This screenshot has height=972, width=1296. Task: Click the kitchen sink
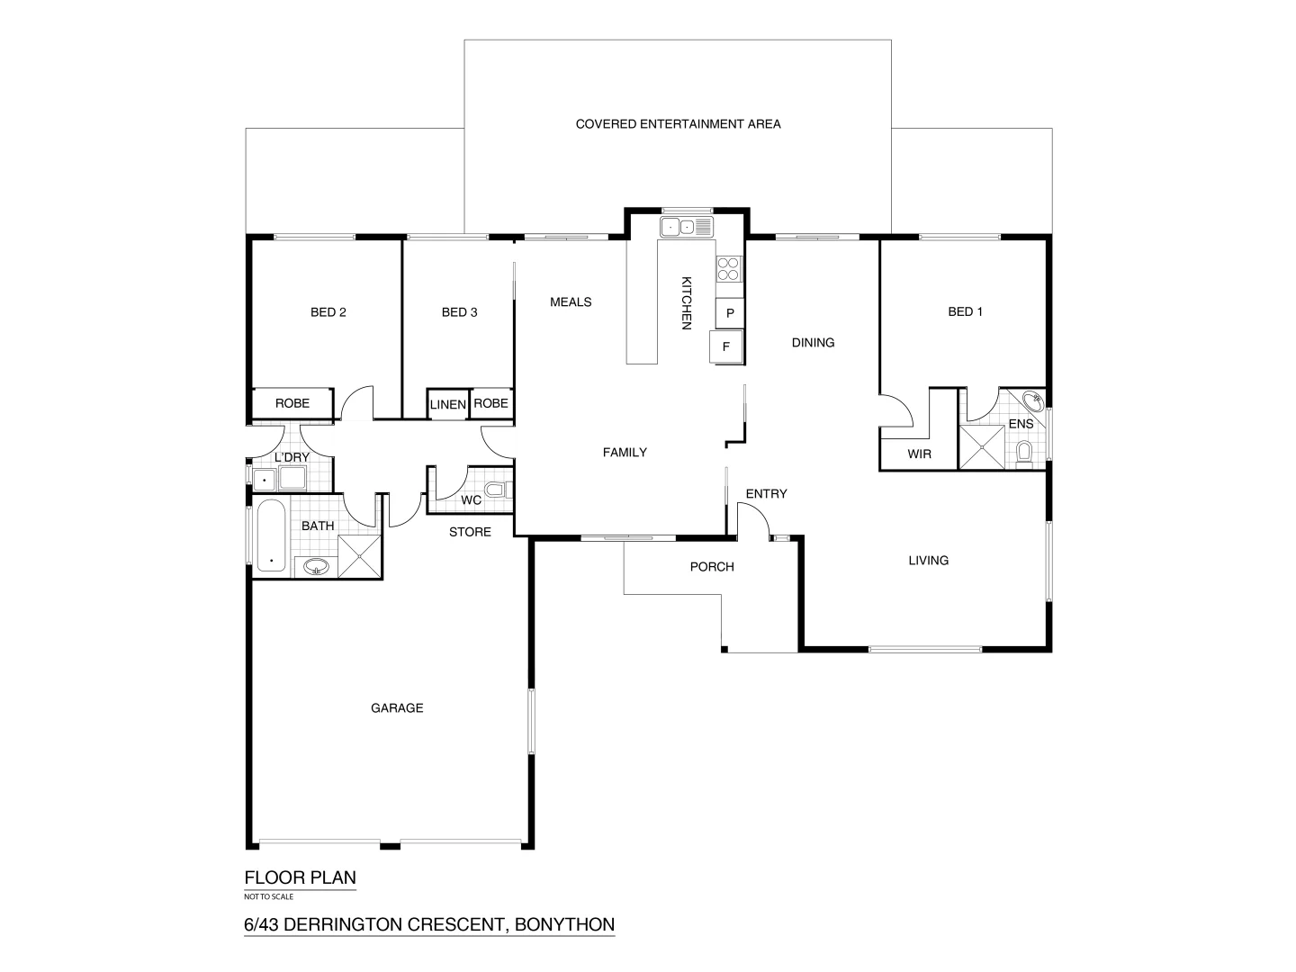tap(686, 227)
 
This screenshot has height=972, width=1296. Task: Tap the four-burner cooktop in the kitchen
tap(729, 269)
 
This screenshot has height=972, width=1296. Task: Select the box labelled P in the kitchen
tap(730, 313)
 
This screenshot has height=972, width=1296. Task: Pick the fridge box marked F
tap(726, 346)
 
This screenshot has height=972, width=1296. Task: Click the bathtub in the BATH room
tap(271, 536)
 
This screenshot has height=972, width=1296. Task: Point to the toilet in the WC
tap(496, 491)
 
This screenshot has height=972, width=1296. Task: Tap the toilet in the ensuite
tap(1024, 450)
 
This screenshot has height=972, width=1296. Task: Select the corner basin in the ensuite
tap(1033, 400)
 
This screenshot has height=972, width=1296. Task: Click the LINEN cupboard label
tap(447, 405)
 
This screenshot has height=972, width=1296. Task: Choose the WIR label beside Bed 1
tap(919, 454)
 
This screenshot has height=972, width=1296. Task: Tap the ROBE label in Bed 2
tap(292, 403)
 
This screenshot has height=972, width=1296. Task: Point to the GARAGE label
tap(397, 708)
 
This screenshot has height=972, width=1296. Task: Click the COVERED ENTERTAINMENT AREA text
tap(678, 124)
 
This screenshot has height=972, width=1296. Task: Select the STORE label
tap(470, 532)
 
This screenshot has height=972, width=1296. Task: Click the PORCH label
tap(712, 567)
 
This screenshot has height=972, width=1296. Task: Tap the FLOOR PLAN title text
tap(301, 877)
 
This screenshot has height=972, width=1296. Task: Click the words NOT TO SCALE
tap(268, 896)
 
